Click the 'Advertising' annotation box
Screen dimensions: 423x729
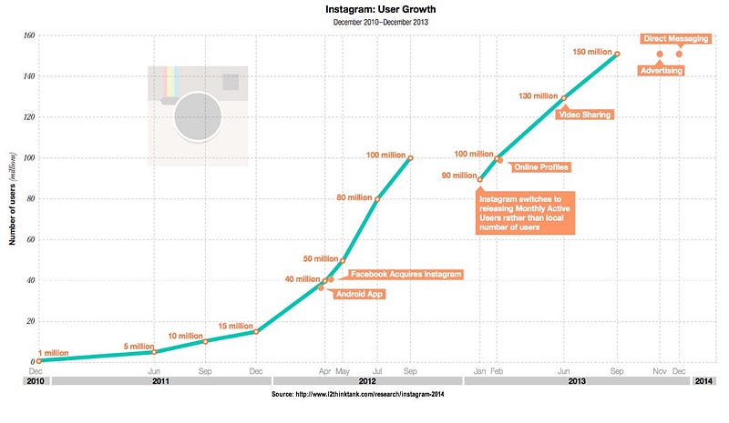[x=661, y=70]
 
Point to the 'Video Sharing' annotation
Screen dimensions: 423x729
[x=584, y=115]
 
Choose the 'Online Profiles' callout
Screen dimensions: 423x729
[x=541, y=166]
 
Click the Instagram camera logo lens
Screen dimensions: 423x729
[x=199, y=117]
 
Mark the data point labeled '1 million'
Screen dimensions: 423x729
[x=37, y=361]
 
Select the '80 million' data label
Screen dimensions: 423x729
[x=354, y=197]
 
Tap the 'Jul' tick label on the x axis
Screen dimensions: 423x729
[x=376, y=371]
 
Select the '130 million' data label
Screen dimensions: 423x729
[x=537, y=96]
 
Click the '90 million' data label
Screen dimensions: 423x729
[x=458, y=176]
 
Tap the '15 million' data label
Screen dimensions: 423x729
[x=235, y=326]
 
